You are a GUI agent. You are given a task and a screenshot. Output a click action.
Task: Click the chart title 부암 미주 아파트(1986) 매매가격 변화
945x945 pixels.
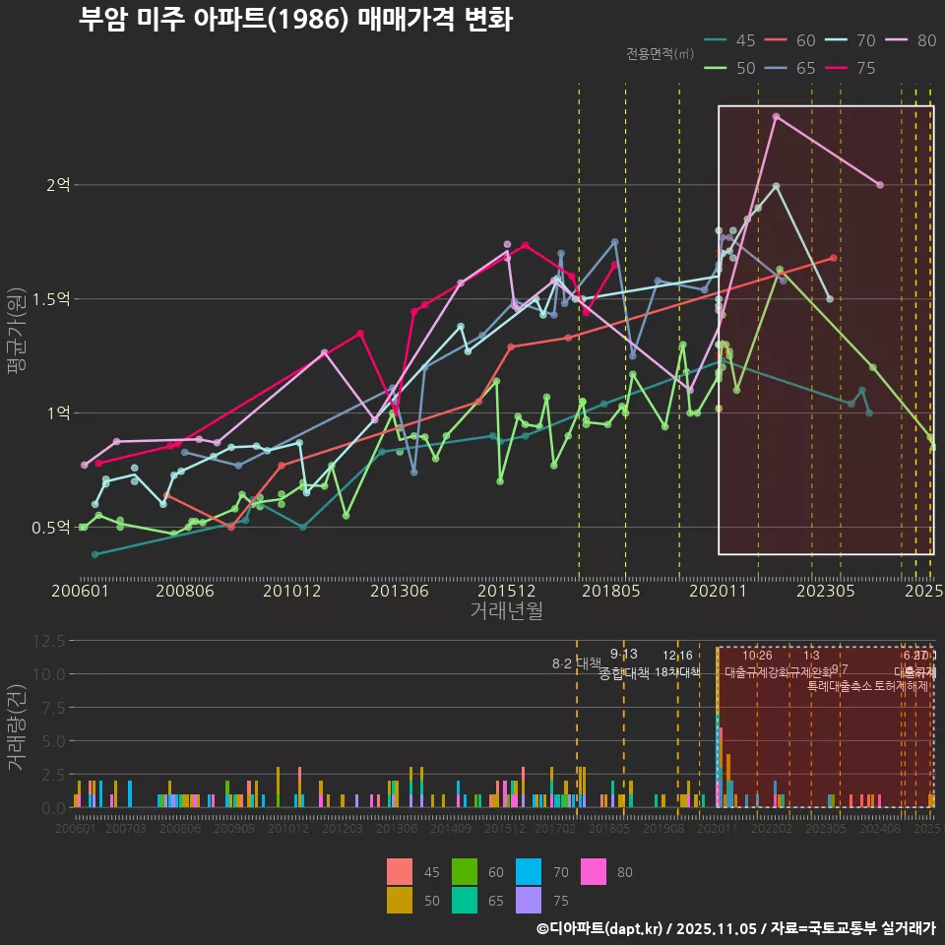click(294, 21)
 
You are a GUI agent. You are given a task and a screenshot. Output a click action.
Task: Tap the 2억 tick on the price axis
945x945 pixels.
click(57, 185)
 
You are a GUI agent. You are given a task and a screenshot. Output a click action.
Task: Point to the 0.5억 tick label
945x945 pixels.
click(50, 528)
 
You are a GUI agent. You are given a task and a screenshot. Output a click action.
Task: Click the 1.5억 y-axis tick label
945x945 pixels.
click(50, 299)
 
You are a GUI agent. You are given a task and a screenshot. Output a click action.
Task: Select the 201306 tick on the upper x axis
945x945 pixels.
click(399, 591)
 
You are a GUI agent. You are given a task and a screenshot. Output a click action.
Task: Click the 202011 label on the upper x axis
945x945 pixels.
click(718, 591)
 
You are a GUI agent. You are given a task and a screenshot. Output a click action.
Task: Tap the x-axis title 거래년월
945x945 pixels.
click(506, 611)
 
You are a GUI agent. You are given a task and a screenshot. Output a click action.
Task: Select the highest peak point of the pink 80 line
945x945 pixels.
click(776, 116)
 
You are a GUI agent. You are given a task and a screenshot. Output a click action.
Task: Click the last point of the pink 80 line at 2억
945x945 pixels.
click(880, 185)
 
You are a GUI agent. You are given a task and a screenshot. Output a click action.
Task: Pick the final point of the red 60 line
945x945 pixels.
click(834, 258)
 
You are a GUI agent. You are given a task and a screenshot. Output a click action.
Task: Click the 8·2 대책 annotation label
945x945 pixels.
click(576, 663)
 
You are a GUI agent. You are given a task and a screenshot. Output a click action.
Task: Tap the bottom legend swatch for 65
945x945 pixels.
click(465, 900)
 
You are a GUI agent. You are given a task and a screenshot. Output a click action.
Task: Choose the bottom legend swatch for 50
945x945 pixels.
click(401, 900)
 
